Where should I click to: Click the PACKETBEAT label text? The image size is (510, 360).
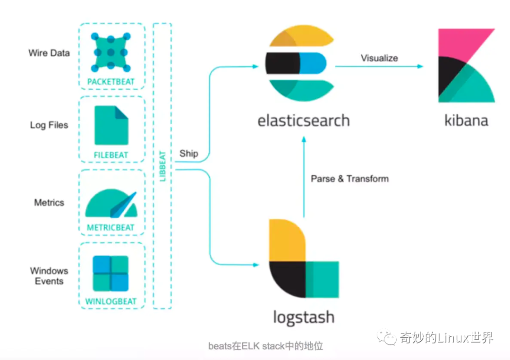[111, 82]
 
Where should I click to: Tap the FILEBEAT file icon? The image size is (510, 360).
[111, 125]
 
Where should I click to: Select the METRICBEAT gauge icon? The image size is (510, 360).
[111, 204]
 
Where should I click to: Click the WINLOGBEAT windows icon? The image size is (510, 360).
[111, 274]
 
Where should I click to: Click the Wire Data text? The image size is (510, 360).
[49, 53]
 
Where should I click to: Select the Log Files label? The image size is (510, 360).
[49, 125]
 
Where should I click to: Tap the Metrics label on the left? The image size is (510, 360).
[49, 203]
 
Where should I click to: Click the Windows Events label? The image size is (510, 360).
[49, 276]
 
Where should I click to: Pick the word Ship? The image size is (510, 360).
[189, 154]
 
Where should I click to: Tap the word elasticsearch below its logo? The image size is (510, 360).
[303, 120]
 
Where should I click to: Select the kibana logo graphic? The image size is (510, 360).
[466, 66]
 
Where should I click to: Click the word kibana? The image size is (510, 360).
[466, 120]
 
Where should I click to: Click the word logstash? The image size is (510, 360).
[304, 317]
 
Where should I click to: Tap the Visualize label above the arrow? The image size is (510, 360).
[379, 58]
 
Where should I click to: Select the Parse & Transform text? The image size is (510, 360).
[349, 179]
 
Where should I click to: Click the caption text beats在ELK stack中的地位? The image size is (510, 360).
[265, 346]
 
